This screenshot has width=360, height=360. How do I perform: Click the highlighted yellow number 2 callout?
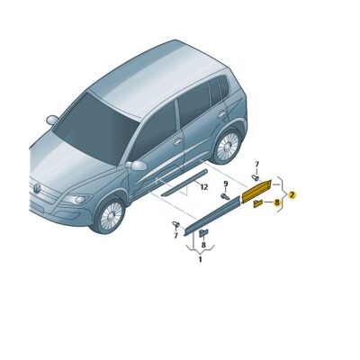coord(292,194)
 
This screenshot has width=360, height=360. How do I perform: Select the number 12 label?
coord(204,187)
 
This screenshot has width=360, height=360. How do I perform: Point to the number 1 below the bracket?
coord(199,259)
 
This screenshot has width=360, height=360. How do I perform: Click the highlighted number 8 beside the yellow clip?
coord(277,204)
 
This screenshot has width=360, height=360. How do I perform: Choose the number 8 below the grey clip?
coord(203,244)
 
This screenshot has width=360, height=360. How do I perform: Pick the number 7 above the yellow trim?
coord(256,165)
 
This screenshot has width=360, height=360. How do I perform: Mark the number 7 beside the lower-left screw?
coord(175,236)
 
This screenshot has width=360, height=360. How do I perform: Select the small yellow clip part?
coord(257,206)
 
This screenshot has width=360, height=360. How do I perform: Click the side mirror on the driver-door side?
coord(137,166)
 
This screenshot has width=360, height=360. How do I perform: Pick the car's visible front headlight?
coord(76,199)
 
